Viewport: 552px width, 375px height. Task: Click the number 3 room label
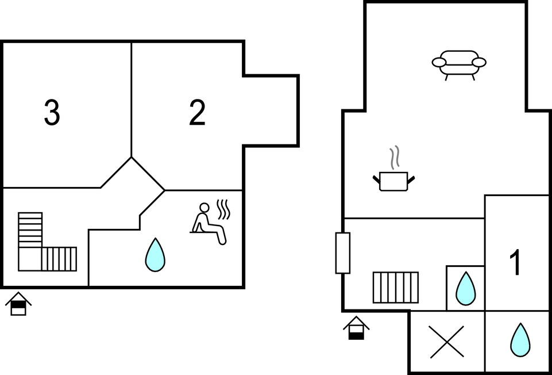click(52, 113)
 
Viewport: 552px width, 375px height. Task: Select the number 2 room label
click(197, 113)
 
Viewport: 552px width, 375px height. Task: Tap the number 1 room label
click(516, 263)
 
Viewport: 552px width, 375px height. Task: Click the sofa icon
click(459, 63)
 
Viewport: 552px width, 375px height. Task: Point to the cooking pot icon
click(393, 181)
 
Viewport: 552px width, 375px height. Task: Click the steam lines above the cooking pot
click(394, 156)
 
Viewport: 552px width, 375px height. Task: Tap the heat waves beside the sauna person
click(223, 209)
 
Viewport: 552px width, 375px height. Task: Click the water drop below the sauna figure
click(155, 255)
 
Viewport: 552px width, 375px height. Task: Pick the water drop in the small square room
click(465, 288)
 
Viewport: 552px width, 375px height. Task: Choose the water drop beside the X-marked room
click(520, 340)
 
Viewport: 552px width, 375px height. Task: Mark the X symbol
click(447, 342)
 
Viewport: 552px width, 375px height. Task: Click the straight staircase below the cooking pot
click(396, 288)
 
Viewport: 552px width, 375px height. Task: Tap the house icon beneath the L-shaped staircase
click(18, 304)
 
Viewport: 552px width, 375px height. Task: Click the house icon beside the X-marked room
click(356, 328)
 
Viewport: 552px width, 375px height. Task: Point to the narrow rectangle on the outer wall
click(343, 253)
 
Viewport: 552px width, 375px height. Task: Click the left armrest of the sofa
click(439, 62)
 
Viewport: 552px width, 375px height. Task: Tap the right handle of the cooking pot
click(411, 179)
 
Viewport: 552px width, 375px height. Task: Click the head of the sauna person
click(204, 208)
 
